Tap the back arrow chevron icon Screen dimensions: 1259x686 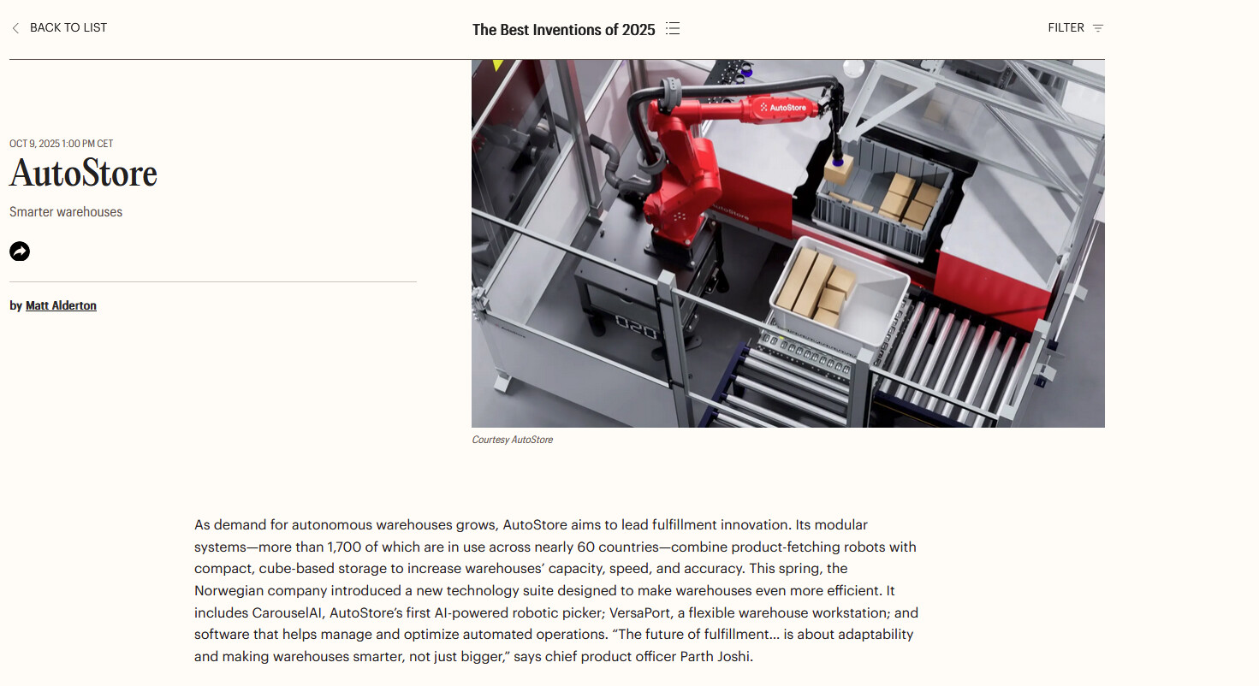click(15, 28)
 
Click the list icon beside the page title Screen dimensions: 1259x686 click(673, 28)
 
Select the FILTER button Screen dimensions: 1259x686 click(1075, 27)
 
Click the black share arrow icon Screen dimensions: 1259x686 click(20, 251)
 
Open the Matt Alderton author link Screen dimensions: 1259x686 click(61, 305)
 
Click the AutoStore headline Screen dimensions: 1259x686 click(83, 173)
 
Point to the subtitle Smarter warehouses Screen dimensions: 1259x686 click(66, 212)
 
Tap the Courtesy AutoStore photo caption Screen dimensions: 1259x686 click(512, 440)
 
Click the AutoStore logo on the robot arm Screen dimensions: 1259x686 click(782, 107)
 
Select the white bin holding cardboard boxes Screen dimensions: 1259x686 click(838, 293)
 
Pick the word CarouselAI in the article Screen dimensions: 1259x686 click(287, 612)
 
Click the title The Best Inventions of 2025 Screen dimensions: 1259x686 click(564, 29)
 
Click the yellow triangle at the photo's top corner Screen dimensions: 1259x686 click(497, 65)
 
